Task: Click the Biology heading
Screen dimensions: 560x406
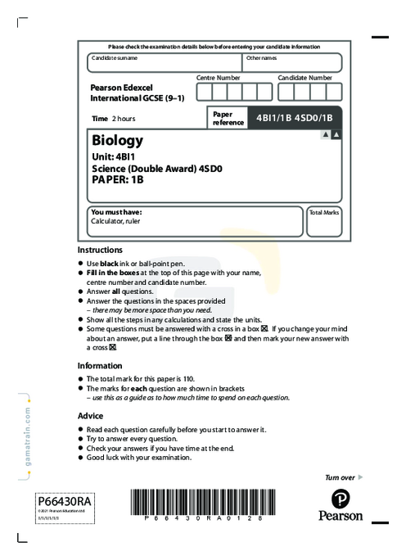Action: [x=118, y=140]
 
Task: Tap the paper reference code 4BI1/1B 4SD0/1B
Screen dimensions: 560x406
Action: [x=293, y=118]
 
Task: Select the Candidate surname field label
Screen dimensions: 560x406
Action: [x=115, y=58]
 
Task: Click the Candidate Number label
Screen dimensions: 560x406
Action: [x=304, y=77]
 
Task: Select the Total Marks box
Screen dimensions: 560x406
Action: [x=324, y=221]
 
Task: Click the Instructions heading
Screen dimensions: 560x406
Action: [x=100, y=250]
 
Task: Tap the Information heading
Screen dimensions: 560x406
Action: [x=99, y=366]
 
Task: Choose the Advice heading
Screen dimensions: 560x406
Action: [x=90, y=416]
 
